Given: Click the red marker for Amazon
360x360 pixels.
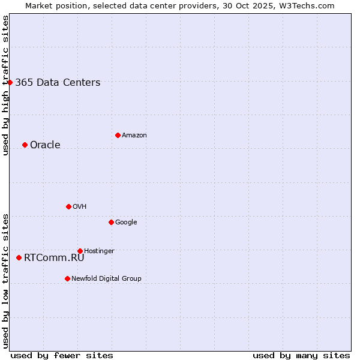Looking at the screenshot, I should [x=118, y=135].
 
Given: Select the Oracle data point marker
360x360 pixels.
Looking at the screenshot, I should [x=25, y=145].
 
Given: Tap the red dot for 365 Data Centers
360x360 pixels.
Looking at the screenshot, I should [x=10, y=82].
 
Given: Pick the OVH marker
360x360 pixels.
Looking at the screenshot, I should [x=68, y=206].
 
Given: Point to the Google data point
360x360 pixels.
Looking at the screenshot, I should [x=111, y=222].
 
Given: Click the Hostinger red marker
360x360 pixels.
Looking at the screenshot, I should [x=80, y=251].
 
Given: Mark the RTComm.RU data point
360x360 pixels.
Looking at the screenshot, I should [x=19, y=257].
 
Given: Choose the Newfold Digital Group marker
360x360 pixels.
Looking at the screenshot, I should [x=67, y=278].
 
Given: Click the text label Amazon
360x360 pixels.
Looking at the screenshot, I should [x=134, y=136].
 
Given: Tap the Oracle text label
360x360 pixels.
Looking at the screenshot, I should [x=45, y=145].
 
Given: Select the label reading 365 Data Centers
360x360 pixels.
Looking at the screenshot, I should [x=58, y=83].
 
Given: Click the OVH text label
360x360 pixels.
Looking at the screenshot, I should [x=80, y=207].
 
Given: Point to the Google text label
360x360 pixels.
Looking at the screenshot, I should [x=126, y=223].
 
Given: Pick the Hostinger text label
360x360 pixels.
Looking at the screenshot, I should [x=99, y=251].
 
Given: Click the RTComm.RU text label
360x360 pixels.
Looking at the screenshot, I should [x=54, y=258].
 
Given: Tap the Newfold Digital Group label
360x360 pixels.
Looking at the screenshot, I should [x=106, y=279].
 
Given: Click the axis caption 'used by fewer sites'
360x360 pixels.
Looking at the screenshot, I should [x=62, y=355].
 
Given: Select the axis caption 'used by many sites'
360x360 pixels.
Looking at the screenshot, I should [x=301, y=355].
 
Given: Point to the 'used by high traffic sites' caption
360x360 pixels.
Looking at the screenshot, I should [x=5, y=85].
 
